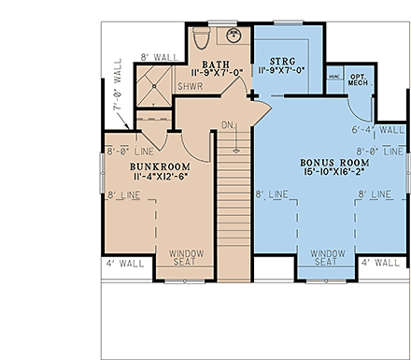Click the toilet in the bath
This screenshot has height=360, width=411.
point(203,37)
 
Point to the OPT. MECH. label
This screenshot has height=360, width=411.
point(358,79)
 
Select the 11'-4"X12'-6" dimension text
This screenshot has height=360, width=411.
point(160,178)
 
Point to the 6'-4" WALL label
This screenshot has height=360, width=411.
point(379,130)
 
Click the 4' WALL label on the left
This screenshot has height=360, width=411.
point(124,264)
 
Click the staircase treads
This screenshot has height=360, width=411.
point(234,215)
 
